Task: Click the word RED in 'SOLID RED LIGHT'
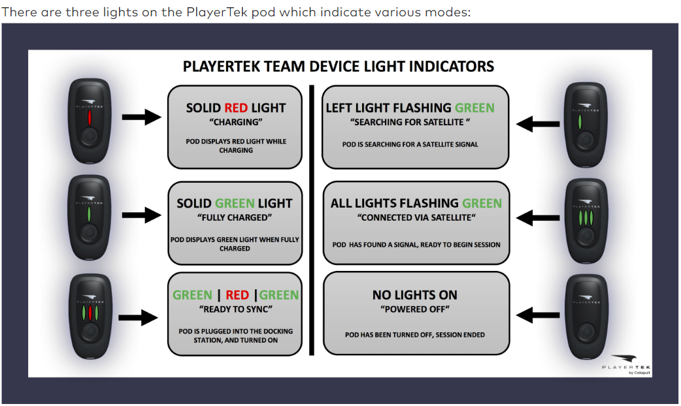coord(236,108)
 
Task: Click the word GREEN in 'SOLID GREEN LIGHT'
coord(235,204)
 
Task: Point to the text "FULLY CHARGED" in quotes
coord(235,217)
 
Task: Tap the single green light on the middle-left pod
coord(88,213)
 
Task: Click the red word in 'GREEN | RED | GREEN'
coord(237,295)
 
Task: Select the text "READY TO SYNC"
coord(235,309)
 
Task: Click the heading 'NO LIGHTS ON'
coord(415,295)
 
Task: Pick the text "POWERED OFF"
coord(415,309)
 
